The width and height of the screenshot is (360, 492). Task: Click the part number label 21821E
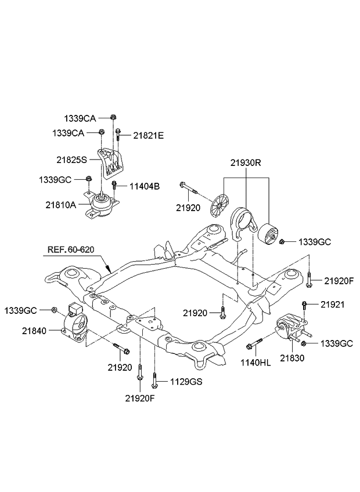(148, 135)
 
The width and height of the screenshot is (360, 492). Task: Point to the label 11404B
(143, 186)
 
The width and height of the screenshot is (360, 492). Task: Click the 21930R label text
(246, 164)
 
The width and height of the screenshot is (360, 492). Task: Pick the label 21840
(34, 330)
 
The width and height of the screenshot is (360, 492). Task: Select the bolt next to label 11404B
(115, 186)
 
